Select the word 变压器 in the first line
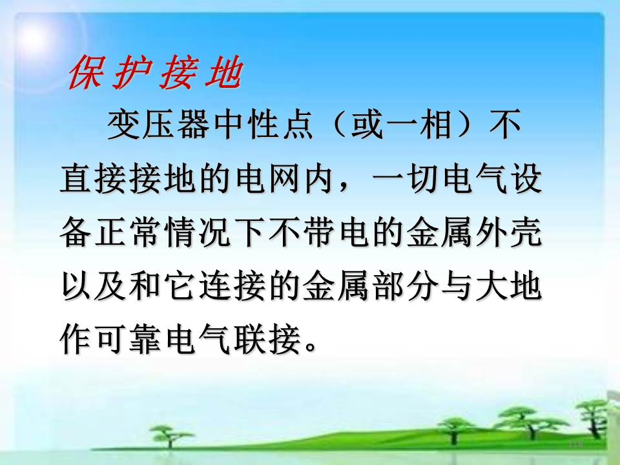158,125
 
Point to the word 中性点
263,125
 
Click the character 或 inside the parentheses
367,125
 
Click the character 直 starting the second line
76,179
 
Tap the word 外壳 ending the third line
508,232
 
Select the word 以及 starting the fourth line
92,285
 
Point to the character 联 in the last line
250,338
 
